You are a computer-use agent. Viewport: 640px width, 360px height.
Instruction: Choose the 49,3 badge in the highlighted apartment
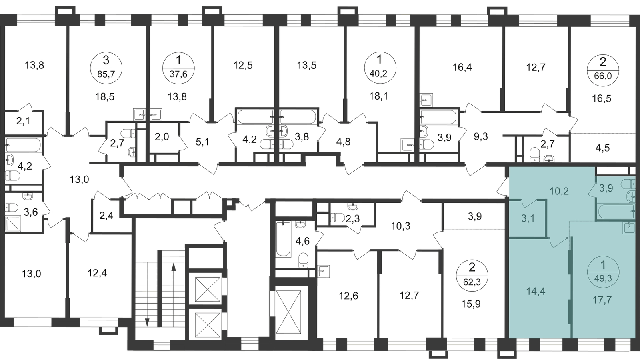pos(603,272)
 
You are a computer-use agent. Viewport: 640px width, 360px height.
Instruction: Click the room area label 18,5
pos(105,97)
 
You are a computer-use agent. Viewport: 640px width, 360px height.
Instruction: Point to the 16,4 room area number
pos(462,68)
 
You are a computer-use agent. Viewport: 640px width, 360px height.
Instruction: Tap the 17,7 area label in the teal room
pos(602,300)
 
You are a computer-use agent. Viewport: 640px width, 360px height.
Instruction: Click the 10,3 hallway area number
pos(400,226)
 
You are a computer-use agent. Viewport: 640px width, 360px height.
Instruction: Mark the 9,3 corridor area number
pos(481,137)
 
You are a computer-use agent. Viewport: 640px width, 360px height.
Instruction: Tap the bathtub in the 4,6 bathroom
pos(283,239)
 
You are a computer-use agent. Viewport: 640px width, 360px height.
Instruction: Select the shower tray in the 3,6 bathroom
pos(13,223)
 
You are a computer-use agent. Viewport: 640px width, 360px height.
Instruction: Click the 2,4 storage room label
pos(106,215)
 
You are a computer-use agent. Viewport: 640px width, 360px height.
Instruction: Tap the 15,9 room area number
pos(471,304)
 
